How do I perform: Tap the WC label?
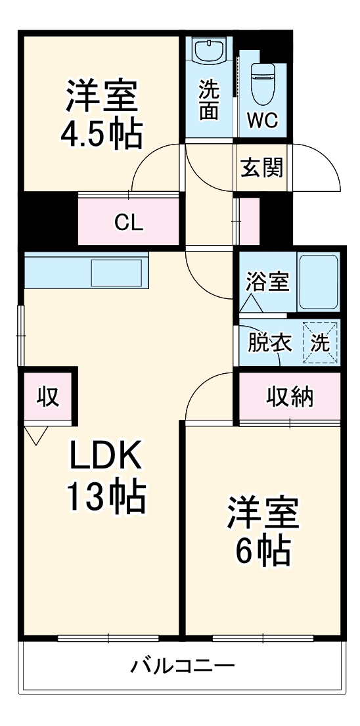point(263,120)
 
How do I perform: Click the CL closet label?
point(129,223)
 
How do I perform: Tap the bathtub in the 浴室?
point(319,283)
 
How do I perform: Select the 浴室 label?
point(267,282)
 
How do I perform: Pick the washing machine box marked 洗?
point(320,343)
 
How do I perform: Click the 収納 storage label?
point(290,397)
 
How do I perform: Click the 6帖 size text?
point(263,553)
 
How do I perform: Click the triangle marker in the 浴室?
point(250,304)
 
